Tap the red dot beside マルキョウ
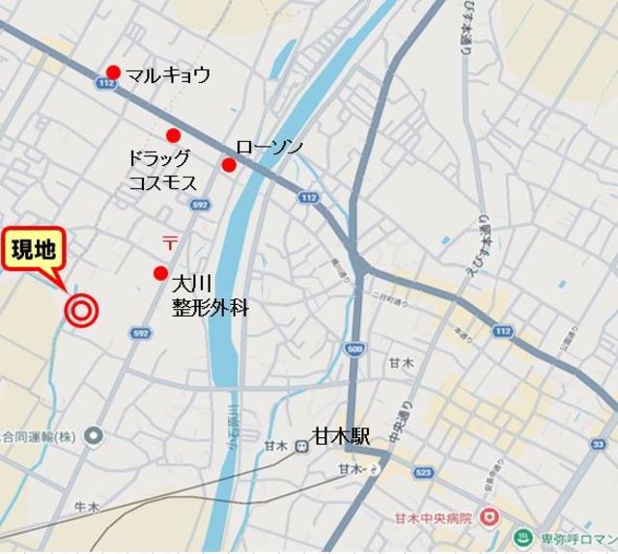coord(113,71)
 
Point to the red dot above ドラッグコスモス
coord(173,135)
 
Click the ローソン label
coord(269,146)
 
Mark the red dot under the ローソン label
coord(229,165)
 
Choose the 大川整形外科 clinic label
coord(211,297)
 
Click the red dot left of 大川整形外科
coord(161,273)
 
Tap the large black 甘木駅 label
coord(340,436)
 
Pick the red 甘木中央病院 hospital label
coord(435,518)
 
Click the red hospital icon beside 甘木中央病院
coord(491,517)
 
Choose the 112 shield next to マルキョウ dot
coord(107,85)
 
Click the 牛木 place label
coord(87,506)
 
